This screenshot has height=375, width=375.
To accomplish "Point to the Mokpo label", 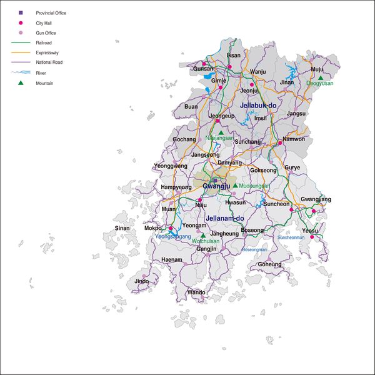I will point(153,228).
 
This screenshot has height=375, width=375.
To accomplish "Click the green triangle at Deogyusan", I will point(321,77).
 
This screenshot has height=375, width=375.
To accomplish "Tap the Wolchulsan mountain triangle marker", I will point(202,236).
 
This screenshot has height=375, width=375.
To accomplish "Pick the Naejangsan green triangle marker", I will point(221,132).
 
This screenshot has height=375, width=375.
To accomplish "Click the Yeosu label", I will point(310,230).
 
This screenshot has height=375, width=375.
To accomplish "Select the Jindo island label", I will point(142,281).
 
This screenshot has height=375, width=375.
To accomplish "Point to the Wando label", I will point(196,292).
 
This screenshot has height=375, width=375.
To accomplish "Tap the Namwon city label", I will point(294,139).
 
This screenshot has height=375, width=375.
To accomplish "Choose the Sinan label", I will point(122,228).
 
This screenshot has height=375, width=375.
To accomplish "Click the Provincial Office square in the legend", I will point(21,12).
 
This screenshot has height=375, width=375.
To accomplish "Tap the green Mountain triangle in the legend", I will point(21,82).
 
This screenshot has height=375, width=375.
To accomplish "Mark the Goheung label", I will point(269,264).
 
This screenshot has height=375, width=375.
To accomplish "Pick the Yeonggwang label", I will point(170,166).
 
